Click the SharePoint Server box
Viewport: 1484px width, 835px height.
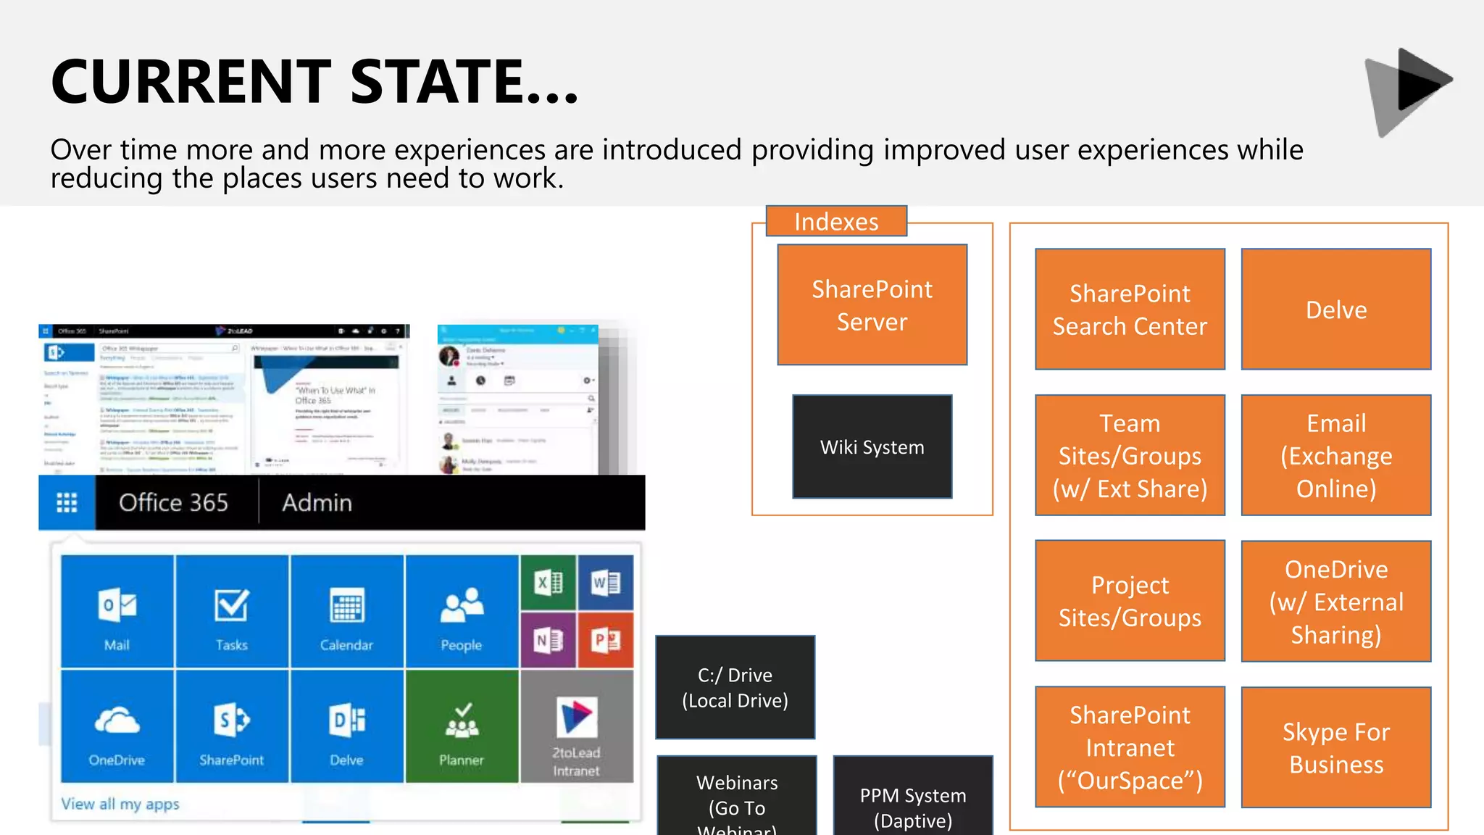pos(872,304)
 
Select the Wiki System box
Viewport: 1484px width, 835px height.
pos(872,446)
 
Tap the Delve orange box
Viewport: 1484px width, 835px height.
pos(1335,310)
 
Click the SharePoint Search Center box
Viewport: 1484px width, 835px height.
pos(1130,310)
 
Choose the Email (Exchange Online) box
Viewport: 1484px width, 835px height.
pos(1335,455)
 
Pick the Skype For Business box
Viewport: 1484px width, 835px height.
pos(1335,747)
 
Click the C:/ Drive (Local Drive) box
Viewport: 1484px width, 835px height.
pos(735,687)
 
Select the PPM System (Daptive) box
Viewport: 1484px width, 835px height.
pos(912,797)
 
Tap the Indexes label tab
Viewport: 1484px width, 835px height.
pos(836,221)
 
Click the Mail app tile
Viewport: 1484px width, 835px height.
pos(117,611)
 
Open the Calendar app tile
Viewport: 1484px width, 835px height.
pos(346,611)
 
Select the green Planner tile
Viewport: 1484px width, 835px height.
pos(462,726)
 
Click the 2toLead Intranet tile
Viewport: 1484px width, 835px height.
pos(576,726)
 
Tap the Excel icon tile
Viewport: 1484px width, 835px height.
pos(548,583)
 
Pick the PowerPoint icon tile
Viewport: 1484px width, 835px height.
pos(605,640)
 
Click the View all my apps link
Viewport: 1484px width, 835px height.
pos(120,804)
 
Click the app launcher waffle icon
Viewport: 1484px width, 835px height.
pos(67,502)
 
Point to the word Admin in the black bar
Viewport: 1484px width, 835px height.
pos(317,502)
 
